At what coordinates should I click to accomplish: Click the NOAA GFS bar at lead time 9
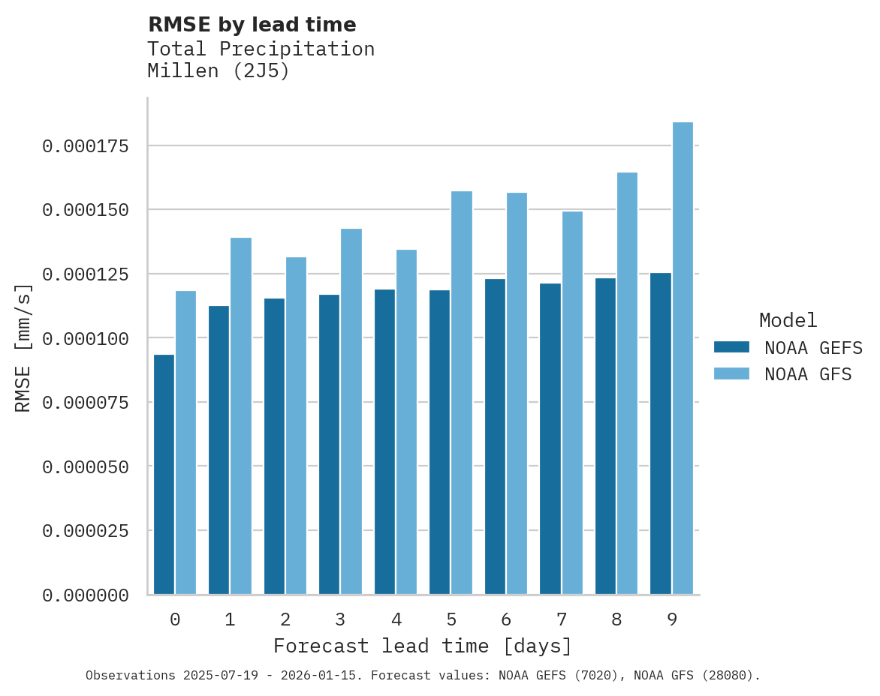(x=683, y=358)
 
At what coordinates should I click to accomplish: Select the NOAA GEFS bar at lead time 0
(x=164, y=474)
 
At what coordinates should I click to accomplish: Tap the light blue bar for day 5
(x=462, y=392)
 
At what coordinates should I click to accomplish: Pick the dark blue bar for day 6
(x=495, y=436)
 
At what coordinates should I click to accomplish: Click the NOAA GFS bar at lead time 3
(x=351, y=411)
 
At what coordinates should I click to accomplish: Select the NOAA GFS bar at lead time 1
(x=241, y=415)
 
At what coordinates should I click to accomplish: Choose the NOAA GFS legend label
(x=808, y=374)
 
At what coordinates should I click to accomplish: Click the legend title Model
(x=788, y=320)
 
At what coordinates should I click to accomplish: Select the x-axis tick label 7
(x=561, y=619)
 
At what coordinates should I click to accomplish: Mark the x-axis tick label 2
(x=285, y=619)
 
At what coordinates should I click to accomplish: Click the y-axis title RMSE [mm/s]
(x=23, y=348)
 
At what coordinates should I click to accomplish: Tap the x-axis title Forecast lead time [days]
(x=423, y=646)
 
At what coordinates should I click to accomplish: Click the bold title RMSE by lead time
(x=252, y=25)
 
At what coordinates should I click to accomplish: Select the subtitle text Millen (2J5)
(x=218, y=71)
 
